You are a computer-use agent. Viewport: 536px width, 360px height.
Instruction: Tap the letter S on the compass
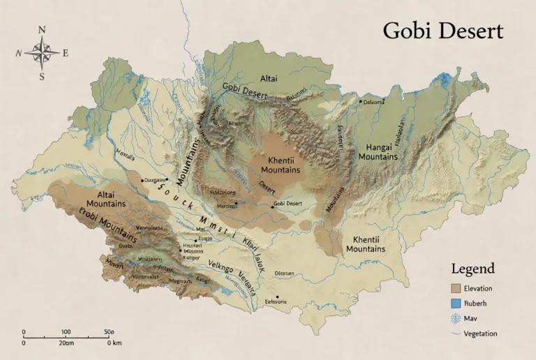pos(42,77)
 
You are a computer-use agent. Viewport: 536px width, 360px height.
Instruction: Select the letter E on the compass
pos(66,53)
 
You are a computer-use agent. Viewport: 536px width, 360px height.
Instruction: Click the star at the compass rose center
pos(42,52)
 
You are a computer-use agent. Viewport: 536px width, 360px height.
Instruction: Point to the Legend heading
pos(472,269)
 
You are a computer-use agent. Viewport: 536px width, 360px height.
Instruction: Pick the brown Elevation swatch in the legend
pos(456,288)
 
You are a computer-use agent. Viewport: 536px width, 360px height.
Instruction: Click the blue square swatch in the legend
pos(456,303)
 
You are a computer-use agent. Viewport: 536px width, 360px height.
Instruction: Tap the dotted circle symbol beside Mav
pos(456,319)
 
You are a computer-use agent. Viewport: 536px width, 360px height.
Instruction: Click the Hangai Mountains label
pos(378,152)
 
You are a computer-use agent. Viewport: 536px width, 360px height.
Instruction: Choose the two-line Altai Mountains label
pos(106,199)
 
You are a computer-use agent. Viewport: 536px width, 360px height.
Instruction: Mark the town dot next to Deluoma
pos(360,102)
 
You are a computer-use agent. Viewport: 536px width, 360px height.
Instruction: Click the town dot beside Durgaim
pos(142,180)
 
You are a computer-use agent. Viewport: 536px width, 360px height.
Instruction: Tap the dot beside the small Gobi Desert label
pos(272,207)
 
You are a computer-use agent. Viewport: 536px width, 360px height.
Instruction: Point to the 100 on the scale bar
pos(66,332)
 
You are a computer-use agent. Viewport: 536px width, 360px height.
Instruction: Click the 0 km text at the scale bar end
pos(114,343)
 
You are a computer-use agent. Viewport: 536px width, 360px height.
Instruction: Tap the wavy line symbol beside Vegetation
pos(456,334)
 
